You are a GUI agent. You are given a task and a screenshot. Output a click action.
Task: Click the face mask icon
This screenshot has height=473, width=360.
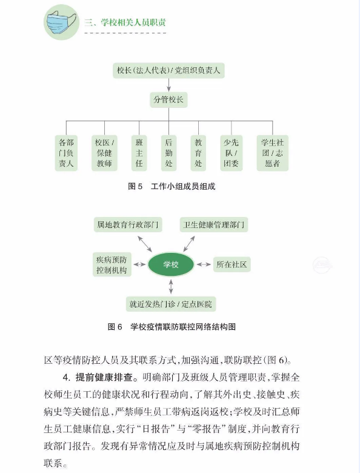click(x=61, y=22)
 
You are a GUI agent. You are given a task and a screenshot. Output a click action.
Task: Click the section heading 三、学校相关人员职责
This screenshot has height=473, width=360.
click(x=125, y=22)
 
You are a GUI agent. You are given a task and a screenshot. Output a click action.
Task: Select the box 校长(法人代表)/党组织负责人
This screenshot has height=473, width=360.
click(x=168, y=70)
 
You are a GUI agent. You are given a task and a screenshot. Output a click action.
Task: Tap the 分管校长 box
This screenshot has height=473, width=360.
click(x=168, y=99)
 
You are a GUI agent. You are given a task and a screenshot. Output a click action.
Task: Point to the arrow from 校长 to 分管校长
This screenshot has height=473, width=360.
click(x=168, y=85)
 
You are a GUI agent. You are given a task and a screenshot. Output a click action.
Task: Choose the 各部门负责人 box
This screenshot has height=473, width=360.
click(x=66, y=153)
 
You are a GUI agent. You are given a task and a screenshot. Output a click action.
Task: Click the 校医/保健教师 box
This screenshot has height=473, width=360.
click(x=104, y=153)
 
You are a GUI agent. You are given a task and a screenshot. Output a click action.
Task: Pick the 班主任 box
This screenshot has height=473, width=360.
click(x=139, y=153)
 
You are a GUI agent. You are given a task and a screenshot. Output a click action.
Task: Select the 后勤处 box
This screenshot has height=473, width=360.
click(x=168, y=153)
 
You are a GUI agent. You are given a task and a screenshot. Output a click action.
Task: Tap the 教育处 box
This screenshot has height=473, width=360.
click(x=198, y=153)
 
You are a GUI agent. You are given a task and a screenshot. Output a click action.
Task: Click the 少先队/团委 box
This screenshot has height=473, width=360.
click(x=232, y=153)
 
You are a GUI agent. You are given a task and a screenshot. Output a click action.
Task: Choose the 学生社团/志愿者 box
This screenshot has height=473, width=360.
click(x=273, y=153)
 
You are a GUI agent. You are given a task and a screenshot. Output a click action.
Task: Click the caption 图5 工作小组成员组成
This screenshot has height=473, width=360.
click(x=172, y=186)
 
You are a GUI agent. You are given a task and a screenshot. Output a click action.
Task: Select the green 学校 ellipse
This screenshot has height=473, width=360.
click(x=171, y=264)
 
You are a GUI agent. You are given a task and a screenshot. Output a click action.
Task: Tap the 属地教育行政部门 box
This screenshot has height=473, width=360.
click(x=128, y=224)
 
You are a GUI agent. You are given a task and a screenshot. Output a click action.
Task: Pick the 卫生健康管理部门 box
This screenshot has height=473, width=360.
click(x=214, y=224)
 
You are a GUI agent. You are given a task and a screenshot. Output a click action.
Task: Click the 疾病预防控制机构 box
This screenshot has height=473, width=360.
click(x=112, y=264)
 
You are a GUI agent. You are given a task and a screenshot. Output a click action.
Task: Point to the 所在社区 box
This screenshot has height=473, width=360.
click(x=232, y=264)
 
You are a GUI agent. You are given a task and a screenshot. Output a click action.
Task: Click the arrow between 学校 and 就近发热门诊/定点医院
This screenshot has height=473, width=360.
click(x=171, y=287)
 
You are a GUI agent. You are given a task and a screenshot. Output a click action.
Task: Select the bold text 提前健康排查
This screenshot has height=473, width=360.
click(x=104, y=377)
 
